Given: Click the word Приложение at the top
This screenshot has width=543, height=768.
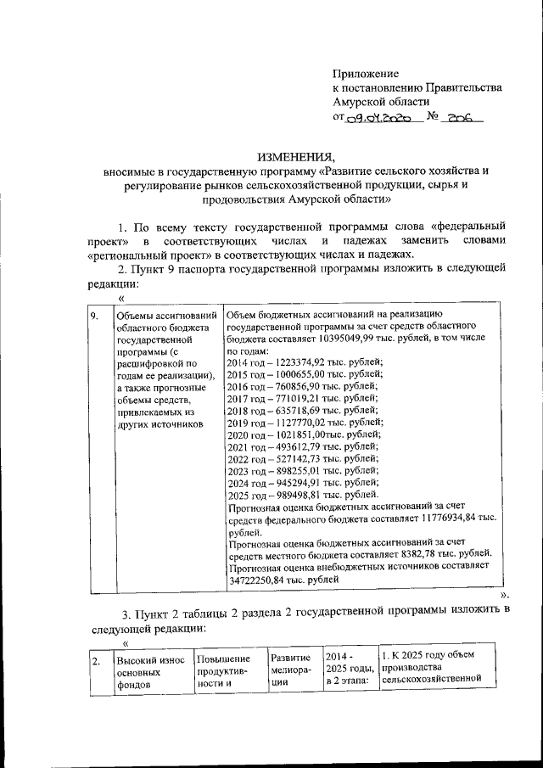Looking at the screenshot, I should coord(366,74).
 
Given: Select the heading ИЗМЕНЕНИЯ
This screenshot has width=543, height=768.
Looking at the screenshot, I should coord(297,156).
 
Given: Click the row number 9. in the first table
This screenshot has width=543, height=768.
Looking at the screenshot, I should coord(96,316).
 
